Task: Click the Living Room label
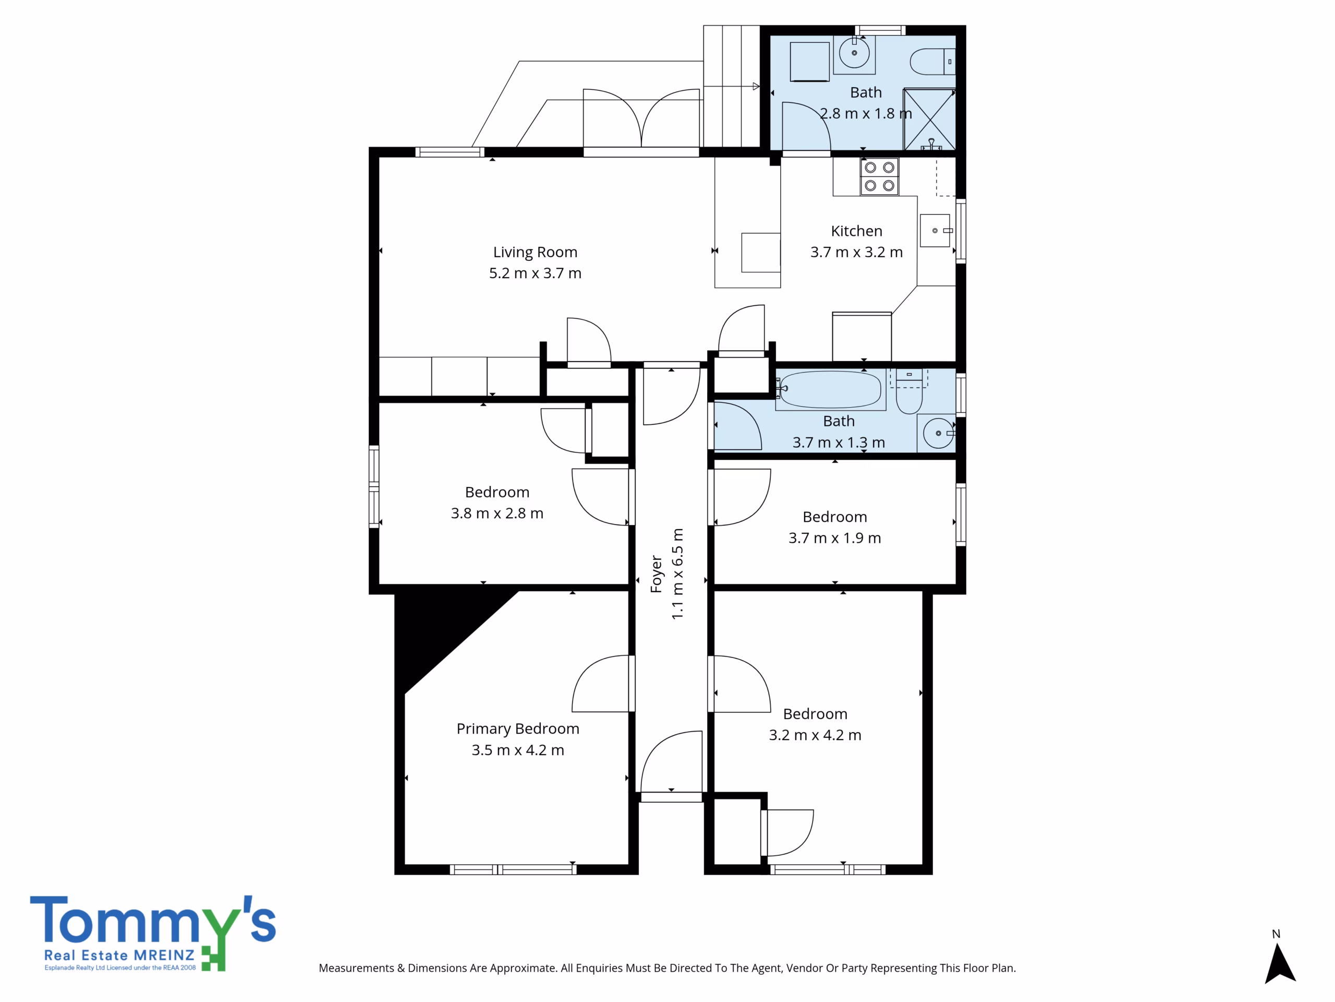coord(535,252)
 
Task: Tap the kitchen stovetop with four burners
coord(879,176)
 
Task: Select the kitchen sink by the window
coord(935,230)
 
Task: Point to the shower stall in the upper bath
coord(929,119)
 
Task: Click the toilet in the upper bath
coord(932,62)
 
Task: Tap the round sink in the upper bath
coord(854,53)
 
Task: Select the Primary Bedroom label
coord(518,729)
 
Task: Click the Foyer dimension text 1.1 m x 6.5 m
coord(678,573)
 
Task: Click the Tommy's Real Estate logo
coord(153,933)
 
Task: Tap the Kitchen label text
coord(856,231)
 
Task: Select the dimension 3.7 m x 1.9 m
coord(835,538)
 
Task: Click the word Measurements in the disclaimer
coord(356,968)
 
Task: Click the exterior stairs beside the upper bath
coord(732,86)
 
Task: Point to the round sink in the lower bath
coord(939,433)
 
